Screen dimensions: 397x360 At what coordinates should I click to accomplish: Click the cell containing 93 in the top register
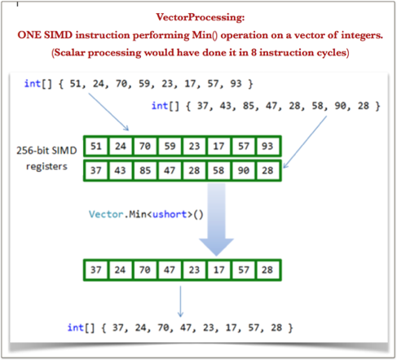click(267, 147)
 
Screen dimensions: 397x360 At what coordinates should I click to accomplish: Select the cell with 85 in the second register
click(145, 170)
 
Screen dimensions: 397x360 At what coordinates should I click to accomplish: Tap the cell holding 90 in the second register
click(243, 170)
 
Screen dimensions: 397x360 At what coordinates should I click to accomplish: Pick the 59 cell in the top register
click(170, 147)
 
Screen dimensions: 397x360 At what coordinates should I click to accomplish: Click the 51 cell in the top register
click(96, 147)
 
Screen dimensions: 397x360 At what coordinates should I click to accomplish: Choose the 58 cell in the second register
click(218, 170)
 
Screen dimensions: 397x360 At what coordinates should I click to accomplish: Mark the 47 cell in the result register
click(170, 270)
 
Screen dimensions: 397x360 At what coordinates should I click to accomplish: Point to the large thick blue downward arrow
click(217, 219)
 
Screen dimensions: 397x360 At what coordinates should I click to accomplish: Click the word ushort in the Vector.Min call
click(170, 214)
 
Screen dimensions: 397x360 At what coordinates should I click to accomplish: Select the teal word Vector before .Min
click(106, 214)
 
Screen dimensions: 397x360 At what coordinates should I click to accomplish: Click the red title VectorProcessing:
click(201, 17)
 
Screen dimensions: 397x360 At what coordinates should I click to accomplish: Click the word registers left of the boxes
click(46, 166)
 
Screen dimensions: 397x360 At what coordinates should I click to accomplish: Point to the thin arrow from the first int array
click(108, 112)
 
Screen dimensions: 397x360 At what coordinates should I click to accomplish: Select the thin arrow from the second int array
click(305, 142)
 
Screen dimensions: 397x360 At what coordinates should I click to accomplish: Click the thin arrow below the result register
click(180, 301)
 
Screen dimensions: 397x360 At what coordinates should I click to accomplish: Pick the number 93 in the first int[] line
click(236, 84)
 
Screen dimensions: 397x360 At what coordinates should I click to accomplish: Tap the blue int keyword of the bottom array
click(76, 327)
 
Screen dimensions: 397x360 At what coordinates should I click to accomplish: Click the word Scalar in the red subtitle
click(69, 52)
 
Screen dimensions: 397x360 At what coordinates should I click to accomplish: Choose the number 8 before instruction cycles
click(254, 52)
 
